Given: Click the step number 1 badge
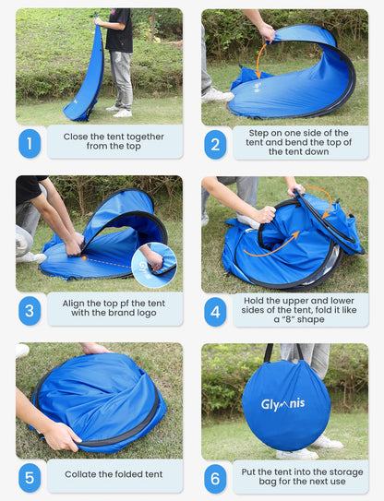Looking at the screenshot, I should coord(30,143).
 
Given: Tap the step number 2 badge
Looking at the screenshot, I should coord(215,143).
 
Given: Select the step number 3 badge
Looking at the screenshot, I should coord(30,310).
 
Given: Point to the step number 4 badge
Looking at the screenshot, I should coord(215,310).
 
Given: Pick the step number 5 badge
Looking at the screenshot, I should coord(30,477).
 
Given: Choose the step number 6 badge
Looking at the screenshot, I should coord(215,477).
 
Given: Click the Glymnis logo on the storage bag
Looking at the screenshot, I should coord(285,404).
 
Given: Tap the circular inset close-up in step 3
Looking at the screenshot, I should coord(154,264).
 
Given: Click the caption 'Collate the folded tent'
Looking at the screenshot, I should coord(114,474).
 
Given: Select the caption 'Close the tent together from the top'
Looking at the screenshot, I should coord(114,141).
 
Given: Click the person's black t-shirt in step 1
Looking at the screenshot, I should coord(120,32).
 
